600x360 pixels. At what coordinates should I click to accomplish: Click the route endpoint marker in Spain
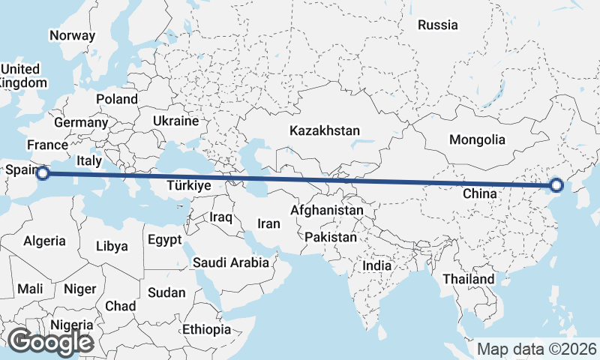pyautogui.click(x=43, y=173)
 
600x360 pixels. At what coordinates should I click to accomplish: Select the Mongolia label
pyautogui.click(x=477, y=139)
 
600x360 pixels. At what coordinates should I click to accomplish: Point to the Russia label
pyautogui.click(x=437, y=25)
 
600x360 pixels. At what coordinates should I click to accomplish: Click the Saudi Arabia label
pyautogui.click(x=230, y=262)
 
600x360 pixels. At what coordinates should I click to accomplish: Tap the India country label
pyautogui.click(x=376, y=265)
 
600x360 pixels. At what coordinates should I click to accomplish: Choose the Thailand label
pyautogui.click(x=468, y=279)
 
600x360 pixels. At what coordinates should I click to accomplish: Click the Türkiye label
pyautogui.click(x=189, y=185)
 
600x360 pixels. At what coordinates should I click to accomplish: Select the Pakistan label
pyautogui.click(x=331, y=237)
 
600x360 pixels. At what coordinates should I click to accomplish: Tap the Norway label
pyautogui.click(x=72, y=35)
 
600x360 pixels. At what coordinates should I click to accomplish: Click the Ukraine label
pyautogui.click(x=175, y=121)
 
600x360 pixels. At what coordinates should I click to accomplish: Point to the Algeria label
pyautogui.click(x=44, y=241)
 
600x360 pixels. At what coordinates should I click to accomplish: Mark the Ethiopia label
pyautogui.click(x=206, y=329)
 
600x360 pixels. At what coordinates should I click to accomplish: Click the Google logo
pyautogui.click(x=50, y=342)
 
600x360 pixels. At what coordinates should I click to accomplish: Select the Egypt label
pyautogui.click(x=164, y=240)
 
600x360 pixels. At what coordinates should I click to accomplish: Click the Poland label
pyautogui.click(x=117, y=99)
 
